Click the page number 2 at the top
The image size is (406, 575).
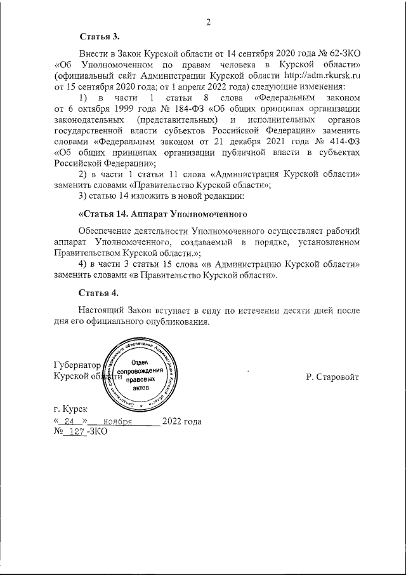click(x=207, y=24)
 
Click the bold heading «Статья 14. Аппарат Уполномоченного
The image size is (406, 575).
click(x=161, y=212)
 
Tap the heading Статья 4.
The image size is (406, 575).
click(x=100, y=293)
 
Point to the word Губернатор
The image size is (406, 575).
click(x=77, y=367)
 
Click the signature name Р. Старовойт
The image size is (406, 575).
click(x=332, y=377)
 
